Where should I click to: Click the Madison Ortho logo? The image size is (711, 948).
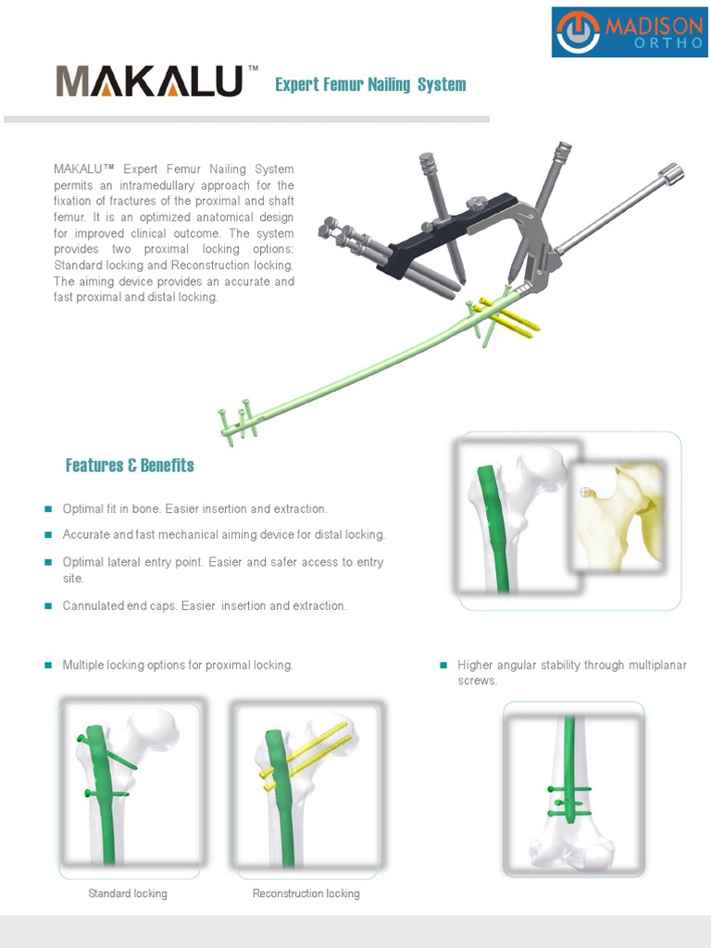(x=630, y=32)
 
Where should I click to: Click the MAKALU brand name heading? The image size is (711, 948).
(x=149, y=82)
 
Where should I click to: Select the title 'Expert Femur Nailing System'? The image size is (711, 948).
(x=370, y=85)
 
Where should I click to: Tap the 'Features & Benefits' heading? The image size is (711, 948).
(x=130, y=465)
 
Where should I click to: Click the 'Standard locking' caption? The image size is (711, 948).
(x=128, y=893)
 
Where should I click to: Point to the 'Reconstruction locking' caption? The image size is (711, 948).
(x=306, y=893)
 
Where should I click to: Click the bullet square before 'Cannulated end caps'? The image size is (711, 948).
(x=48, y=606)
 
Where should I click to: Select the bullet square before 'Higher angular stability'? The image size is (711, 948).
(x=443, y=666)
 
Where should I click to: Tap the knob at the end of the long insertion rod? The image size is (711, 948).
(x=670, y=174)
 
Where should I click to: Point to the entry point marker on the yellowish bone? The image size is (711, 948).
(x=584, y=492)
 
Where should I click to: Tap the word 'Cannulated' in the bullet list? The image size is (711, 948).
(x=92, y=606)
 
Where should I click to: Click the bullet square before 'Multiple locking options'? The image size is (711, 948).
(x=48, y=666)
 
